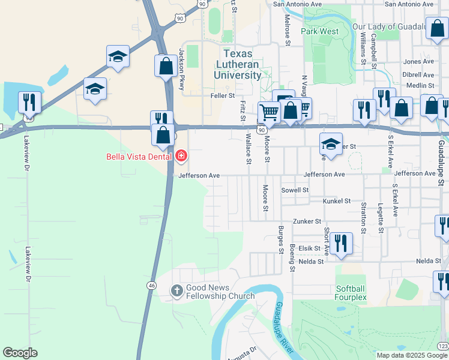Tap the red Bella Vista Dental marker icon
coord(181,157)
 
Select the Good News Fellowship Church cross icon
coord(176,290)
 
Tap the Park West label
coord(320,31)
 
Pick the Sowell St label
coord(295,190)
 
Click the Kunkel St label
coord(336,202)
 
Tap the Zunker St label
coord(307,221)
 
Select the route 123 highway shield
coord(442,346)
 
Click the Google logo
coord(20,353)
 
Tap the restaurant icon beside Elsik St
coord(341,243)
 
